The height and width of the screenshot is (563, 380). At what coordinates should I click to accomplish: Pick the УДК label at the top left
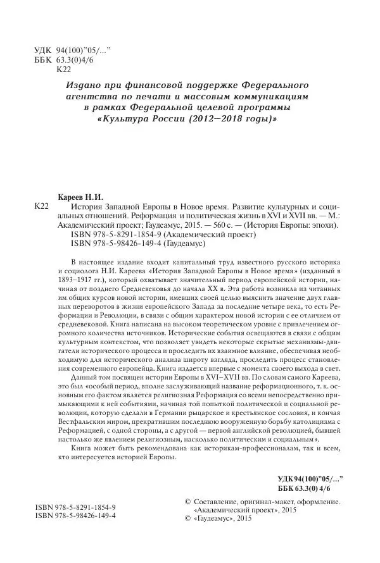pos(40,49)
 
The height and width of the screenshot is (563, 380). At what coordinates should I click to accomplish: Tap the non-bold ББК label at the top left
pos(40,59)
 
